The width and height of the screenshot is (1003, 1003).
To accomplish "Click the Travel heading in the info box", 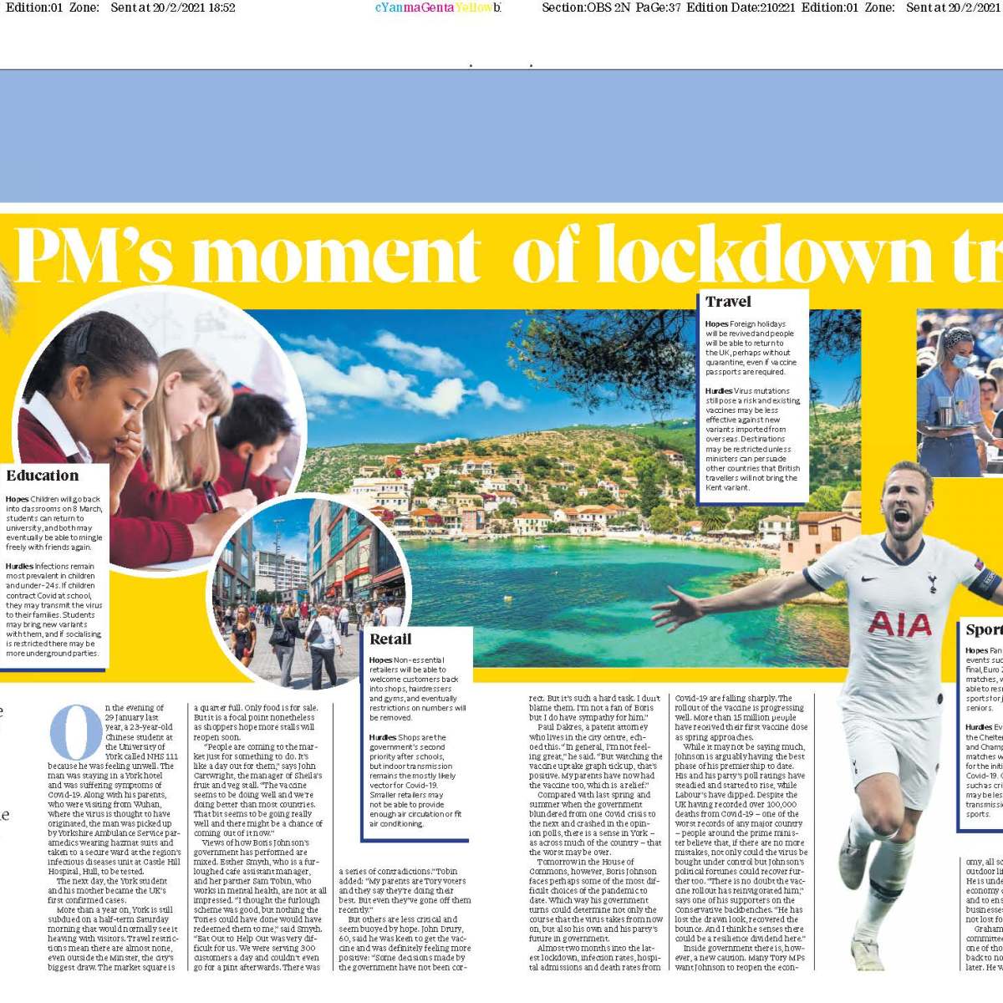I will (728, 302).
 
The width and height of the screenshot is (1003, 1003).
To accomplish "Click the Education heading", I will (43, 476).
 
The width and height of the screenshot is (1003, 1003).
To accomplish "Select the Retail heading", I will (390, 639).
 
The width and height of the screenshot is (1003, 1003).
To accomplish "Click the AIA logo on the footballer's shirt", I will (899, 624).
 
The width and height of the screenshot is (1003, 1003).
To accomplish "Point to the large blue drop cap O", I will (76, 732).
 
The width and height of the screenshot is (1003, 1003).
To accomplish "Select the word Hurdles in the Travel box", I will (718, 391).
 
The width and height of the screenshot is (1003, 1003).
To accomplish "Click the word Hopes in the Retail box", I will (380, 660).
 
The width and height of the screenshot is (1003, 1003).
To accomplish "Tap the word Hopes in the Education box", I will (17, 499).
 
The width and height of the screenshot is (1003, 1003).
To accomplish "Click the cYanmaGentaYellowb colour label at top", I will (438, 8).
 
